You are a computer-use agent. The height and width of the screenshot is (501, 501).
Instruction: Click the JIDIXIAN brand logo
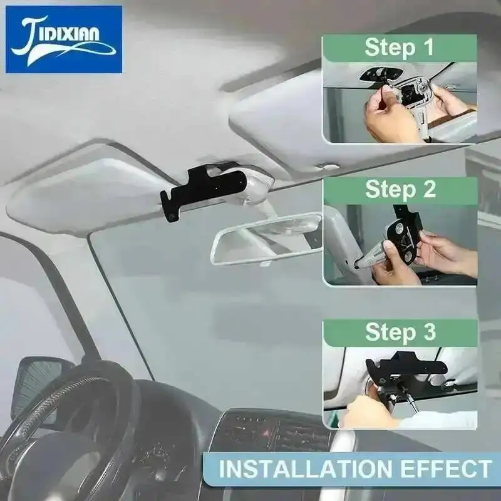point(64,39)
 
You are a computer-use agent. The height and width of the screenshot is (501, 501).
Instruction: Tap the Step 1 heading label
point(400,48)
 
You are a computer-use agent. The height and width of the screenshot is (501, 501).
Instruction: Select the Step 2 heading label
point(400,190)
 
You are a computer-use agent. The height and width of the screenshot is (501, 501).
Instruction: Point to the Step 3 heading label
point(400,333)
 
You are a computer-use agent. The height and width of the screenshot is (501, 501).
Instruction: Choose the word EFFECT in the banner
point(446,468)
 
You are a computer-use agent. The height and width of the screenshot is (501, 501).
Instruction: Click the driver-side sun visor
point(86,195)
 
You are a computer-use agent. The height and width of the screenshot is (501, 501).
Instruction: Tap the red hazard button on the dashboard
point(266,433)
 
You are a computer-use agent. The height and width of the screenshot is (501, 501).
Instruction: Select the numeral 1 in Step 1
point(428,48)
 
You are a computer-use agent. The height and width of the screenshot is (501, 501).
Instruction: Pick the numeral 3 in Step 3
point(430,332)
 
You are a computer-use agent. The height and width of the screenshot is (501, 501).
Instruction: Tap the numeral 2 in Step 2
point(430,190)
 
